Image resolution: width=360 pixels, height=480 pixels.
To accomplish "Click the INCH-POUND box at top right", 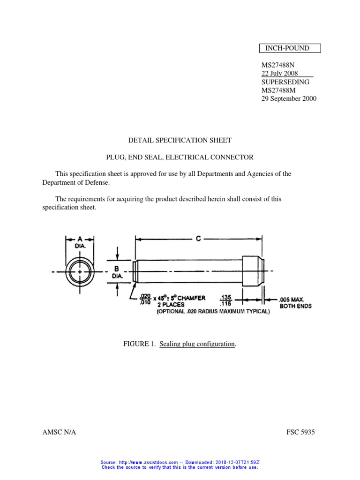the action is [291, 48].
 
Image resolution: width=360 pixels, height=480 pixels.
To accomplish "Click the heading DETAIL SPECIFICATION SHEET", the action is [180, 140].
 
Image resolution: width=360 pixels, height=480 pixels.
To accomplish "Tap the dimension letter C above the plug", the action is [199, 239].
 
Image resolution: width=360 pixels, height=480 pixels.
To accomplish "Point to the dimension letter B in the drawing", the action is [117, 269].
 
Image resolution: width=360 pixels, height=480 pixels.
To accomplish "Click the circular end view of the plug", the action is [81, 271].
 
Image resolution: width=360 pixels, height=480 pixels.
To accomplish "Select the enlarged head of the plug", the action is [253, 271].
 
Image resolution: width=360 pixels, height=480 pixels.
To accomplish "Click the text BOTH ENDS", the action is [296, 306].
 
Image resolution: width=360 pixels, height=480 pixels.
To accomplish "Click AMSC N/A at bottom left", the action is [59, 432].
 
